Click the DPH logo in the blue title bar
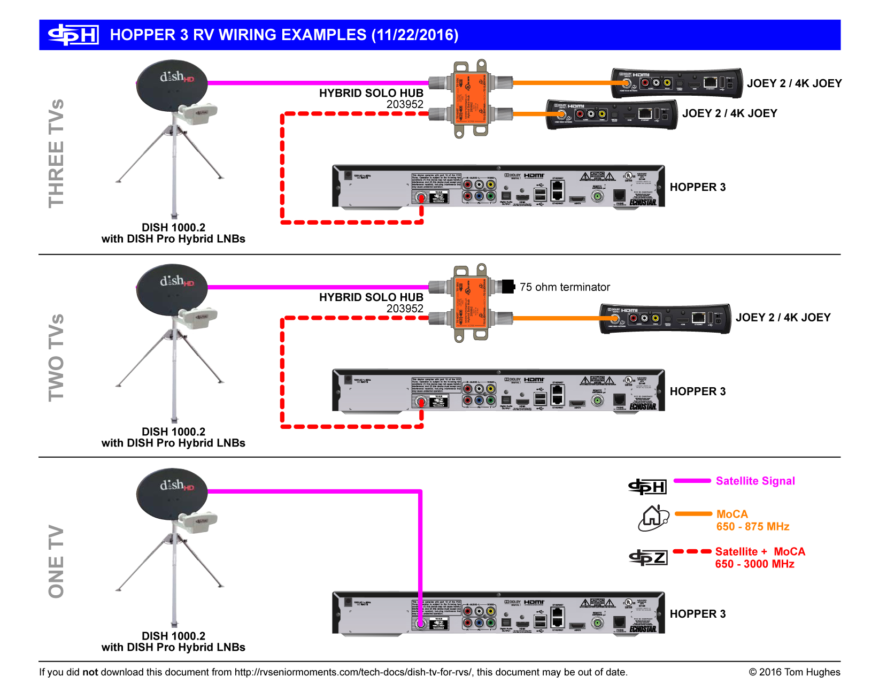pyautogui.click(x=73, y=35)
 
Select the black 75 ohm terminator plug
pyautogui.click(x=507, y=287)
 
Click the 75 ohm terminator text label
pyautogui.click(x=565, y=287)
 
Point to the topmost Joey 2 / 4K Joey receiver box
pyautogui.click(x=676, y=82)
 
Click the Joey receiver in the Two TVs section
pyautogui.click(x=665, y=318)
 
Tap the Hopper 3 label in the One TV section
pyautogui.click(x=698, y=614)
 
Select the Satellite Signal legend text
pyautogui.click(x=755, y=481)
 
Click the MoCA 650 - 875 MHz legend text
pyautogui.click(x=752, y=520)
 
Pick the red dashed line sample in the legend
pyautogui.click(x=692, y=551)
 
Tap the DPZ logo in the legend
pyautogui.click(x=648, y=558)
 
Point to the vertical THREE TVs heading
pyautogui.click(x=56, y=153)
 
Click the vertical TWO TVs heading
pyautogui.click(x=56, y=357)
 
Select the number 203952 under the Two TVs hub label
pyautogui.click(x=405, y=309)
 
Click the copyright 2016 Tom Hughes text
pyautogui.click(x=794, y=672)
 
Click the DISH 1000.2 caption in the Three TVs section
pyautogui.click(x=173, y=227)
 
